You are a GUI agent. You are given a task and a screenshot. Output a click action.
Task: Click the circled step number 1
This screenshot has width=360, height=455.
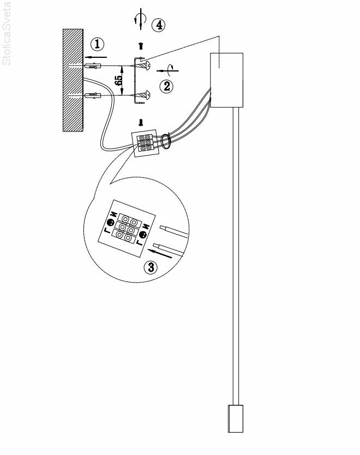tap(97, 43)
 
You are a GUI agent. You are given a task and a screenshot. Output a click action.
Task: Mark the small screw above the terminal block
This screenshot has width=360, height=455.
tap(141, 123)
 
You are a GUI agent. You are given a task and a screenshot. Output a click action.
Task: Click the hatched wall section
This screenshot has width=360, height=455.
tap(73, 79)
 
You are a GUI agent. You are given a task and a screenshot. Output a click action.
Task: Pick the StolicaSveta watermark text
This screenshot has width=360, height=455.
tap(7, 33)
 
